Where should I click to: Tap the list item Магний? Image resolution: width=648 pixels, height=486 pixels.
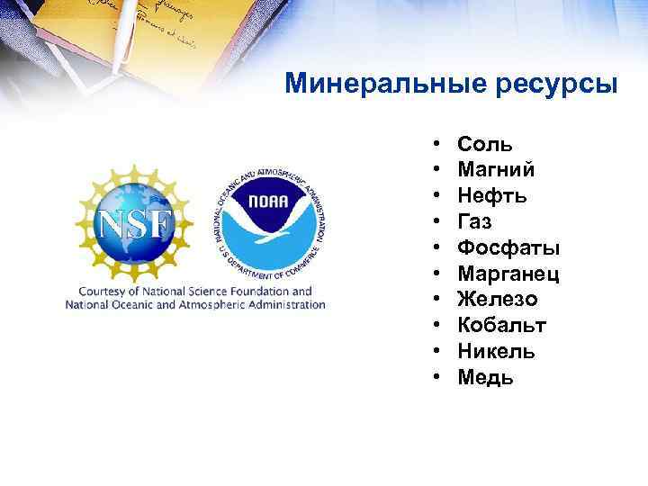pos(496,169)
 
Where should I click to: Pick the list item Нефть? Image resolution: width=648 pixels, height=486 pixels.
pos(491,195)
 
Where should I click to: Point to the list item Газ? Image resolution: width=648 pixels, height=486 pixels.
pos(474,220)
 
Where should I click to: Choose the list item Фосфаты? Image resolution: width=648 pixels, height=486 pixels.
pos(508,247)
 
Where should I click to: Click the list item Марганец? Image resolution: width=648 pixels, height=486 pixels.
pos(508,273)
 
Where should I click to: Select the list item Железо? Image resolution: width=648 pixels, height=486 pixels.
pos(497,299)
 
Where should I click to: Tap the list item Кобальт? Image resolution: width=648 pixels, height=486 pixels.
pos(501,325)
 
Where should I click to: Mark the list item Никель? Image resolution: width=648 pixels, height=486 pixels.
pos(496,351)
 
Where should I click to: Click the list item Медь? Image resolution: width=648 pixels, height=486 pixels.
pos(485,377)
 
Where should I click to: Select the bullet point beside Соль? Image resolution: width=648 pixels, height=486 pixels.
pos(436,144)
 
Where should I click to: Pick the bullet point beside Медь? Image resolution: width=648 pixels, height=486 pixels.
pos(436,377)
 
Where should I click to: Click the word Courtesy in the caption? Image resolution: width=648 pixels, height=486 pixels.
pos(103,291)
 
